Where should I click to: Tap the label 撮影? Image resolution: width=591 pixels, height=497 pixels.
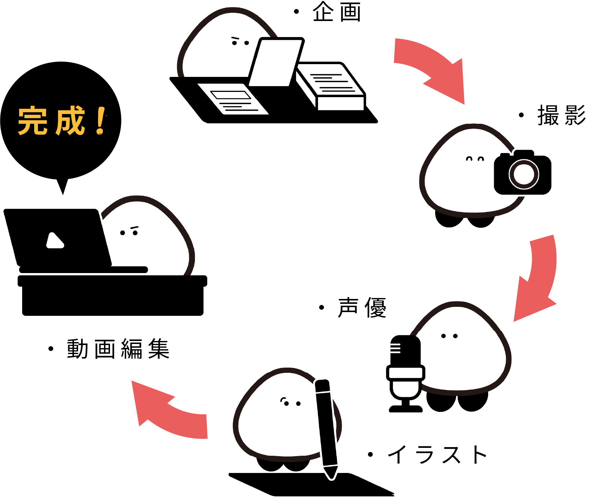point(561,115)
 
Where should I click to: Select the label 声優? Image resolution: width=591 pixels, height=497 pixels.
point(362,308)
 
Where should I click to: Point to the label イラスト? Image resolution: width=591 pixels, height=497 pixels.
point(437,455)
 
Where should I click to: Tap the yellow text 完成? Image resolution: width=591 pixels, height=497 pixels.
point(62,120)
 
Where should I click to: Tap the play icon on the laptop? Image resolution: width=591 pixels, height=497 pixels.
point(55,241)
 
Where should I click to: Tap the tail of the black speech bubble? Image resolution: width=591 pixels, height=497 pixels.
point(62,186)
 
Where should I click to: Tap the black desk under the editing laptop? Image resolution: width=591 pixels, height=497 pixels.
point(113,296)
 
